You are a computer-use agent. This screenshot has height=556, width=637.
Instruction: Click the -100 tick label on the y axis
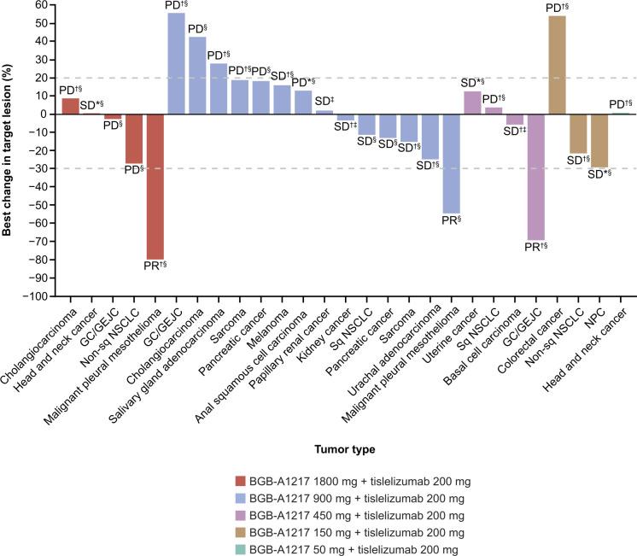[38, 296]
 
